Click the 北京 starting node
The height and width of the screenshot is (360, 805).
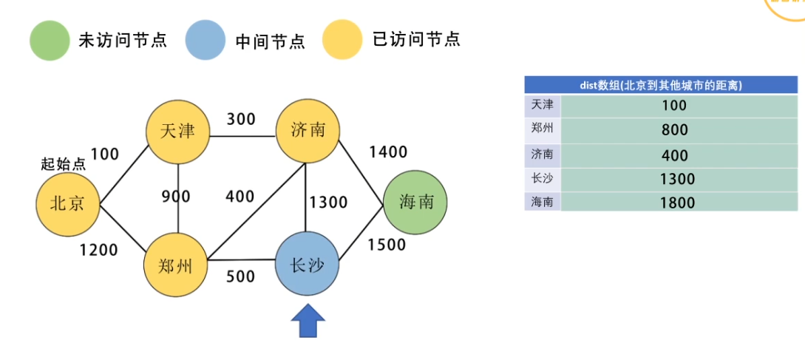tap(68, 203)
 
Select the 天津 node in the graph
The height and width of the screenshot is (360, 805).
tap(177, 132)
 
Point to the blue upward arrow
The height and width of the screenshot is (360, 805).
tap(308, 322)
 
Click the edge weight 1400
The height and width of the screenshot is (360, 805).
tap(388, 152)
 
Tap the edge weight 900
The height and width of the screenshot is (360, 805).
tap(176, 197)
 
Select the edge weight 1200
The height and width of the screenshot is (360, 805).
tap(98, 250)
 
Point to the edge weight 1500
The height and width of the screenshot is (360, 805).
tap(387, 245)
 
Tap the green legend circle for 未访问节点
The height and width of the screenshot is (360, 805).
tap(49, 40)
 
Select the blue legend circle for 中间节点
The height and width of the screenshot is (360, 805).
tap(205, 40)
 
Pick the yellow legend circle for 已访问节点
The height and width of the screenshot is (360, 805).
tap(342, 40)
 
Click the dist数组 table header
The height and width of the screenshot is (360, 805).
tap(661, 85)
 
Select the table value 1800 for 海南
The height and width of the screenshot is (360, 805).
tap(677, 202)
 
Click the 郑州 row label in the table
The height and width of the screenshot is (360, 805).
tap(541, 129)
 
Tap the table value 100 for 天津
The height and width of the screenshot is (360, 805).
tap(677, 106)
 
